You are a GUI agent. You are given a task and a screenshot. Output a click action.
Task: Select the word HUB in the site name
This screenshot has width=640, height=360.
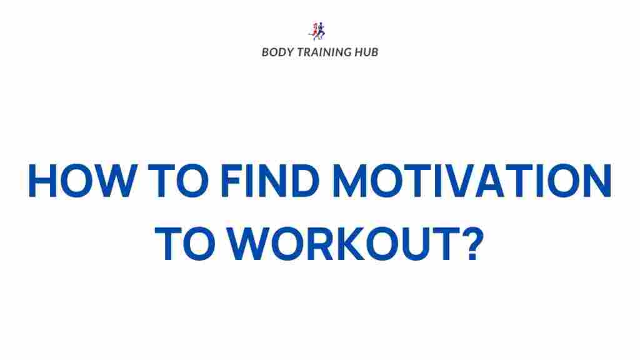(366, 52)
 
